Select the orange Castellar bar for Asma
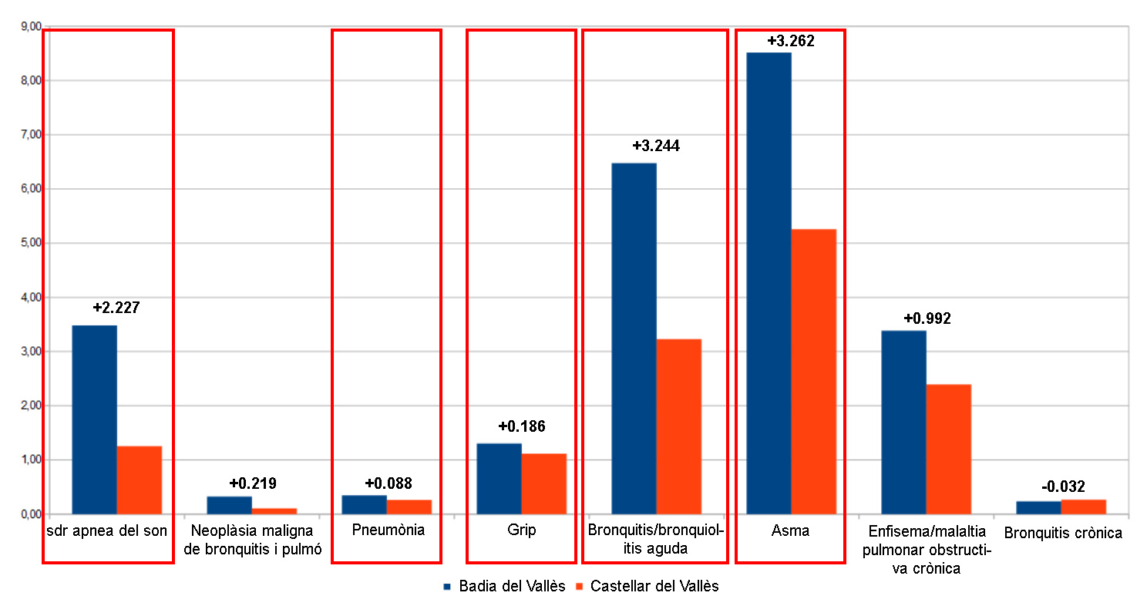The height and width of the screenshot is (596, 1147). [813, 371]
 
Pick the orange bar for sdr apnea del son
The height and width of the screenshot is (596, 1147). [139, 480]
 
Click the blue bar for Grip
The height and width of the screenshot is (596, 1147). [499, 478]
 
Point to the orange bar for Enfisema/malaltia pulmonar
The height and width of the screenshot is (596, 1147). [948, 449]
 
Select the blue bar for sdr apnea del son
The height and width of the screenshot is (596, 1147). [94, 419]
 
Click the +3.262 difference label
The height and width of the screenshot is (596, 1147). [791, 41]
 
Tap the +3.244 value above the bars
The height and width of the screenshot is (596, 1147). [656, 146]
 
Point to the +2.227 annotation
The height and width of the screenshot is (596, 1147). [116, 308]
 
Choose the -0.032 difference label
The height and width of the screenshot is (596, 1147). [1063, 487]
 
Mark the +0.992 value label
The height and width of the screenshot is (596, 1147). [927, 318]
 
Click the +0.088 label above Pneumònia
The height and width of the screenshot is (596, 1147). [388, 483]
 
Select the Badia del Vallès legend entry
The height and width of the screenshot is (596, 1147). [505, 586]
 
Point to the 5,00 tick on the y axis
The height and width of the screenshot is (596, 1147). [29, 243]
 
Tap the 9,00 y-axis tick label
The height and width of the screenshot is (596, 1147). [29, 26]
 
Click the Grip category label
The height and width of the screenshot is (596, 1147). [522, 530]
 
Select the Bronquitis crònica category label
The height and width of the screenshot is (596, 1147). [1063, 533]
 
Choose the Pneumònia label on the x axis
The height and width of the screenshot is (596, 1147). [388, 530]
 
